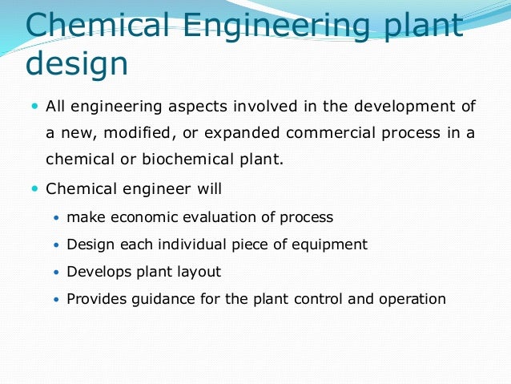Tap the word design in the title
(x=77, y=63)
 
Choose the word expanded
(x=219, y=133)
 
